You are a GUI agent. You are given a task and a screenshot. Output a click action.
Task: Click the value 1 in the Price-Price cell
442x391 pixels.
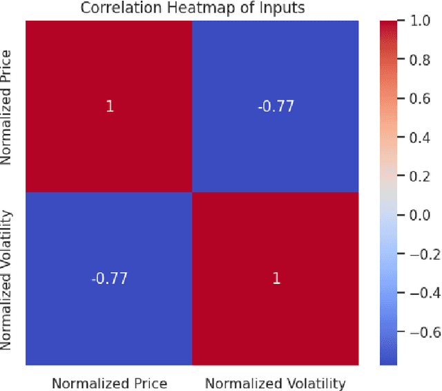109,106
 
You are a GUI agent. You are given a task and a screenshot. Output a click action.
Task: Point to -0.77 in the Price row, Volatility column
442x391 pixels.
276,106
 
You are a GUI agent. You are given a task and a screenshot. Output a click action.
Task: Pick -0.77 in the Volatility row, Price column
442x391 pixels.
109,278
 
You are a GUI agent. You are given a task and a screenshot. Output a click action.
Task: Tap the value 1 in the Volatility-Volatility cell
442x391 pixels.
276,278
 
